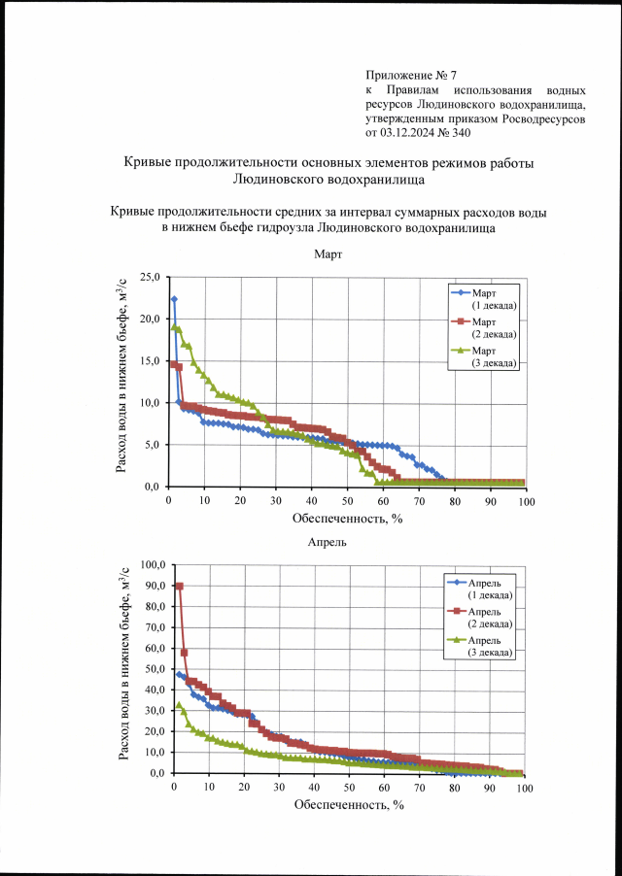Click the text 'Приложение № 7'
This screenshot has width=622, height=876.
point(411,75)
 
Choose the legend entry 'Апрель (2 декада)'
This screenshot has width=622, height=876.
point(491,618)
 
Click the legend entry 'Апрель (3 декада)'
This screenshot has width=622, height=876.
point(491,646)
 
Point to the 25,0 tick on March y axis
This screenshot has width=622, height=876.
point(151,277)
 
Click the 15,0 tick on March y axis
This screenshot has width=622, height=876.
point(151,361)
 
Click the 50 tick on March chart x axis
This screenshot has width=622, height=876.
point(347,500)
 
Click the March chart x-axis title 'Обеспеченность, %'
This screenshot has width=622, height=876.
point(348,518)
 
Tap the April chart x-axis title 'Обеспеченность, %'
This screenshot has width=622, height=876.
point(348,804)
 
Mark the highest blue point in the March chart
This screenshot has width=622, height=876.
point(174,299)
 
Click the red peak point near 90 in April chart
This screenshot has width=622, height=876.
point(180,587)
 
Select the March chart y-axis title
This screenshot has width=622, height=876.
point(122,382)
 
